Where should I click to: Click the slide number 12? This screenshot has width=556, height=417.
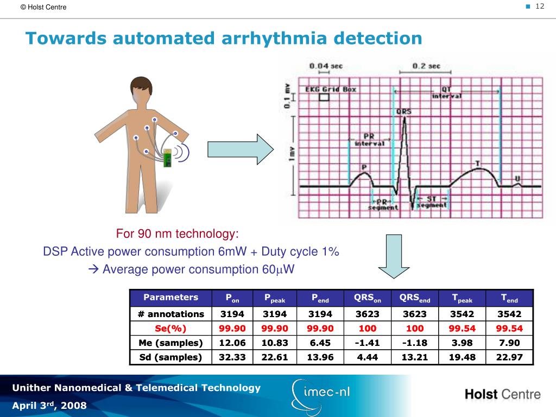pyautogui.click(x=540, y=6)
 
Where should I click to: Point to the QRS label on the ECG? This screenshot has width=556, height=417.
pyautogui.click(x=403, y=111)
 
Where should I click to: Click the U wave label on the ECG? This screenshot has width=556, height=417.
pyautogui.click(x=517, y=178)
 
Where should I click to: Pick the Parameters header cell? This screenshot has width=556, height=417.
pyautogui.click(x=170, y=298)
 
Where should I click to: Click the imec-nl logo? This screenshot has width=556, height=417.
pyautogui.click(x=320, y=393)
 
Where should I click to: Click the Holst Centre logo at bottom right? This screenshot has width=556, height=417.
pyautogui.click(x=502, y=394)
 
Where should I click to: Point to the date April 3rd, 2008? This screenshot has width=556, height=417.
pyautogui.click(x=49, y=406)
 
